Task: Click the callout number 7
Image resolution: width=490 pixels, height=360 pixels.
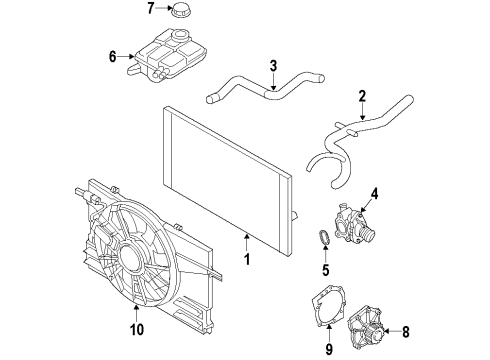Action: (150, 9)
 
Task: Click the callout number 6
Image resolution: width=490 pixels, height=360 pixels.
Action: (113, 57)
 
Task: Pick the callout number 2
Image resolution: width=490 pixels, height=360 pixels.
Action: (362, 97)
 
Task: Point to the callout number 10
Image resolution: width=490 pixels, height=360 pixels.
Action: (110, 325)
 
